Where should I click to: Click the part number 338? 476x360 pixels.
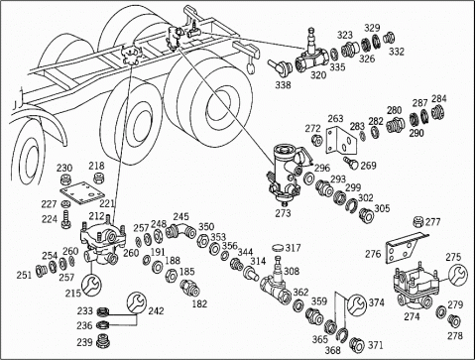click(x=283, y=85)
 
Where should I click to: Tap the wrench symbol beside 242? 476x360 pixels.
click(x=136, y=302)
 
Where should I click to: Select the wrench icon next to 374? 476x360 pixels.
click(x=357, y=303)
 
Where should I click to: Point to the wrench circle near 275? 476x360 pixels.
click(x=458, y=275)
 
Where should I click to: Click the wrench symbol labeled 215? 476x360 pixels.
click(x=91, y=284)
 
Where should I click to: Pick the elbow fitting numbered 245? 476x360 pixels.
click(x=181, y=230)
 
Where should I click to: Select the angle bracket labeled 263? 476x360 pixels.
click(x=341, y=141)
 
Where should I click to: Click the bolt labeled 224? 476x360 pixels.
click(x=66, y=219)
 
